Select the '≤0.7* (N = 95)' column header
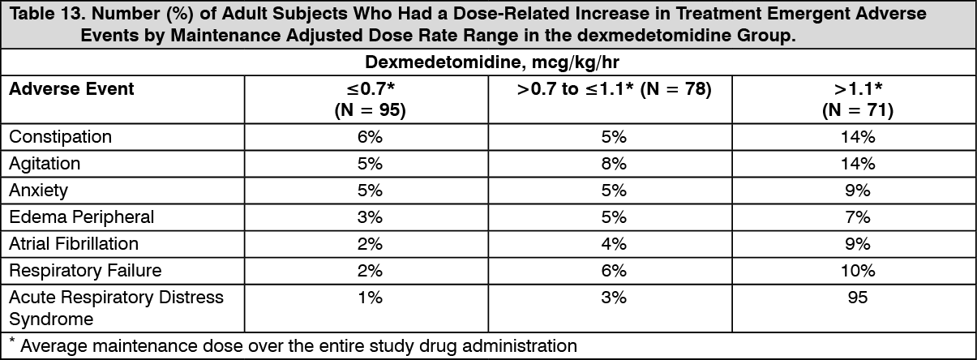370,100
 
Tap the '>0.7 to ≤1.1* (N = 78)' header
614,89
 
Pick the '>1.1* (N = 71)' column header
857,100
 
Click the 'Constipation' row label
61,136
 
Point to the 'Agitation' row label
45,163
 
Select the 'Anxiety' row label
39,190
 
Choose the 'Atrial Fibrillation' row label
74,243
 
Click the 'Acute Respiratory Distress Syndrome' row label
116,307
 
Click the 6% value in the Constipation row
370,136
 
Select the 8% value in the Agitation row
614,163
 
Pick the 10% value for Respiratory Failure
857,270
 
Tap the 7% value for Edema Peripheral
857,216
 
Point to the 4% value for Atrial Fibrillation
614,243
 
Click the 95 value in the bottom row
857,298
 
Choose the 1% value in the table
370,298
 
